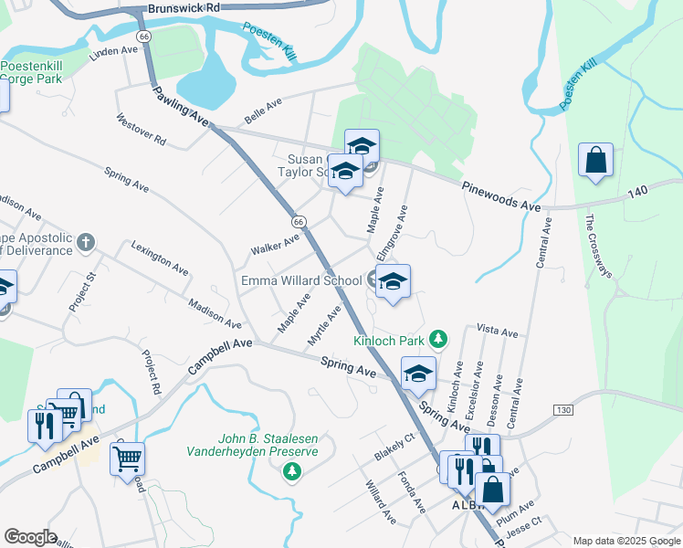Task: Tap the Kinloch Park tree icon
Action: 438,340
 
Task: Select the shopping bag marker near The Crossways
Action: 595,161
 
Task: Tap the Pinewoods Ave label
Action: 501,195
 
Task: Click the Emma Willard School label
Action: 301,279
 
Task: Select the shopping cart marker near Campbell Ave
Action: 128,457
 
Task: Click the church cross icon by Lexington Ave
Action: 86,242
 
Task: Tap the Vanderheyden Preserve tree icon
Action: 291,471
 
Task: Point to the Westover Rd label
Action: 142,130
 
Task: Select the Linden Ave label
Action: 112,54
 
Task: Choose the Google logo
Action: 30,537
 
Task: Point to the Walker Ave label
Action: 275,244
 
